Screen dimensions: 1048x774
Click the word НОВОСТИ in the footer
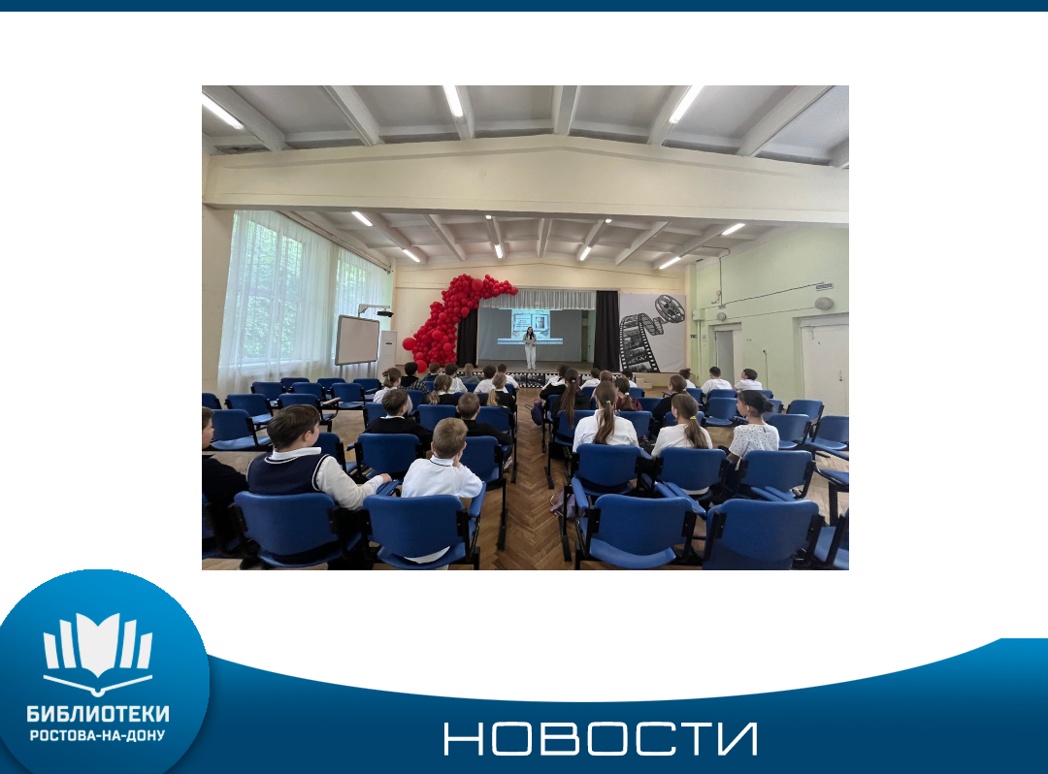point(601,739)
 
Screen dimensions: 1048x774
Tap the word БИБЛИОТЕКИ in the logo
point(98,714)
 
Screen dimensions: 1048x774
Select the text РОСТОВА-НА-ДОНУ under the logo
point(98,735)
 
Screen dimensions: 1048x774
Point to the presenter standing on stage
point(530,348)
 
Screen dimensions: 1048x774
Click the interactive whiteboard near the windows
point(357,339)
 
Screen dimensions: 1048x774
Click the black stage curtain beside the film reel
point(606,331)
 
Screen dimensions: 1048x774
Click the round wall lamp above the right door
point(824,304)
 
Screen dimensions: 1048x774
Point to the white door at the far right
point(825,361)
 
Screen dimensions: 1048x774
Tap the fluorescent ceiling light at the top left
point(222,111)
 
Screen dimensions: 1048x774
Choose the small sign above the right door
point(824,286)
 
